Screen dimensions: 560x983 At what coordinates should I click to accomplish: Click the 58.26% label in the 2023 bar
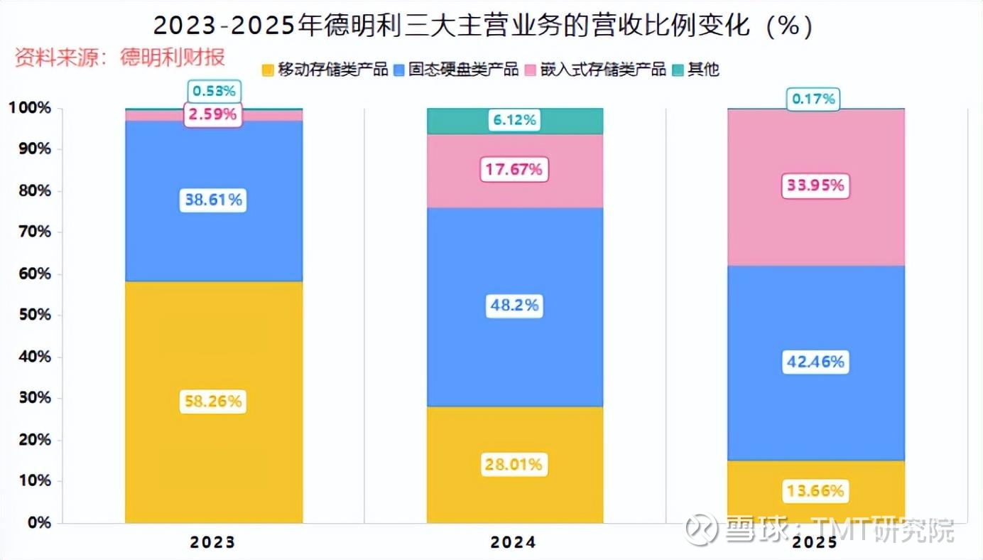[x=213, y=402]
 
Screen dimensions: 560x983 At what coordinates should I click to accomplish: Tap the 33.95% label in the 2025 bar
[x=815, y=185]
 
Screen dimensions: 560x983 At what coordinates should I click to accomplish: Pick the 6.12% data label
[x=515, y=121]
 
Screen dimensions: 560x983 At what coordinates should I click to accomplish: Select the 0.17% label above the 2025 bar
[x=813, y=99]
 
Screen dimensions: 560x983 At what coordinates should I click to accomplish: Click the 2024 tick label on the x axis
[x=514, y=543]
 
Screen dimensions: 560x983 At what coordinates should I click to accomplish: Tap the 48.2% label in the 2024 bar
[x=515, y=306]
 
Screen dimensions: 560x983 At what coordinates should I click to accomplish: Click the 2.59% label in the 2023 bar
[x=213, y=114]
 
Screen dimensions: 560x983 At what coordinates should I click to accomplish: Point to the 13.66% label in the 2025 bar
[x=815, y=491]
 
